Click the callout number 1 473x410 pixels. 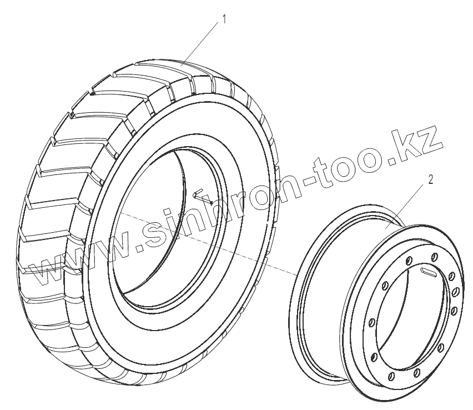(224, 19)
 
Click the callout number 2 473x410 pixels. (430, 180)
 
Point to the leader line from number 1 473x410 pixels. (200, 44)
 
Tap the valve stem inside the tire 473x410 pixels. (203, 196)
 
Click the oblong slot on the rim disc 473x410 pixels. (427, 271)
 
